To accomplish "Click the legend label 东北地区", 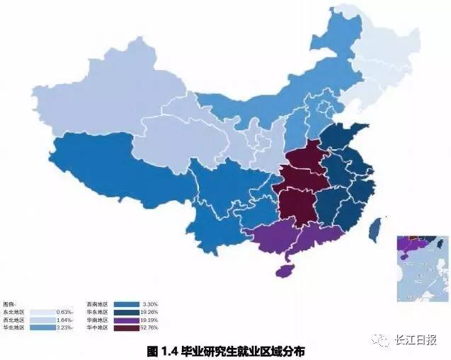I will coord(13,311).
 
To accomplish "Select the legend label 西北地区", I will coord(13,320).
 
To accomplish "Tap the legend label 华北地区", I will coord(13,328).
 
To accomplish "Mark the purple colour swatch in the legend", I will coord(125,320).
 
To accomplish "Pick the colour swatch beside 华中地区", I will coord(125,328).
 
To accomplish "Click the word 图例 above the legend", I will coord(9,303).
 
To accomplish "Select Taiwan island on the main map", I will coord(377,226).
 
